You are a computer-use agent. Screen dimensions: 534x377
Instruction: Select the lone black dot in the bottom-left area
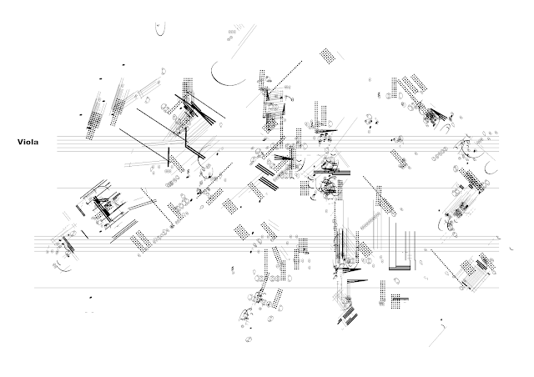[91, 294]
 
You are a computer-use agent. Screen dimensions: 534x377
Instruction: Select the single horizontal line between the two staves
[275, 188]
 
